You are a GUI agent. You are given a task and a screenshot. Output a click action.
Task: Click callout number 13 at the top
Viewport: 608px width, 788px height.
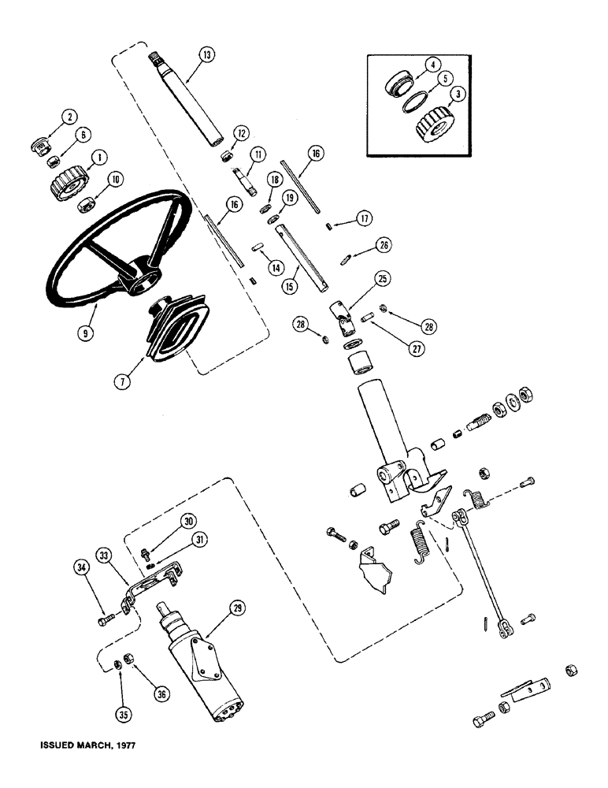[206, 55]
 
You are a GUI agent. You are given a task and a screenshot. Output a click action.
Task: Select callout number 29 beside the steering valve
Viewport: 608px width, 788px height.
[235, 608]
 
